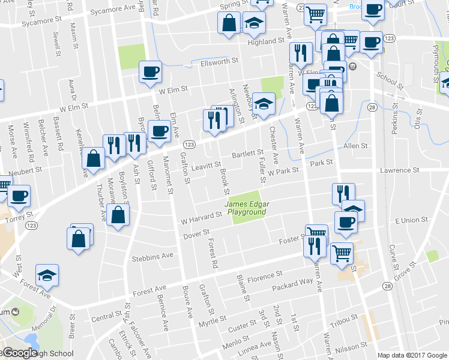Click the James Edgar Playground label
(x=247, y=208)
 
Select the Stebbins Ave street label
(x=152, y=256)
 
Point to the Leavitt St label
(x=206, y=164)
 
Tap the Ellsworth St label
(x=220, y=61)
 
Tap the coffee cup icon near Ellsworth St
(x=150, y=71)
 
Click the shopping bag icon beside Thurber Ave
(x=93, y=158)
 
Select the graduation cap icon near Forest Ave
(x=47, y=274)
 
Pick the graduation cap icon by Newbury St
(x=263, y=104)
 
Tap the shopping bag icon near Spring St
(x=229, y=23)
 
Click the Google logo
(x=20, y=353)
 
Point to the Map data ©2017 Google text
(x=411, y=355)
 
